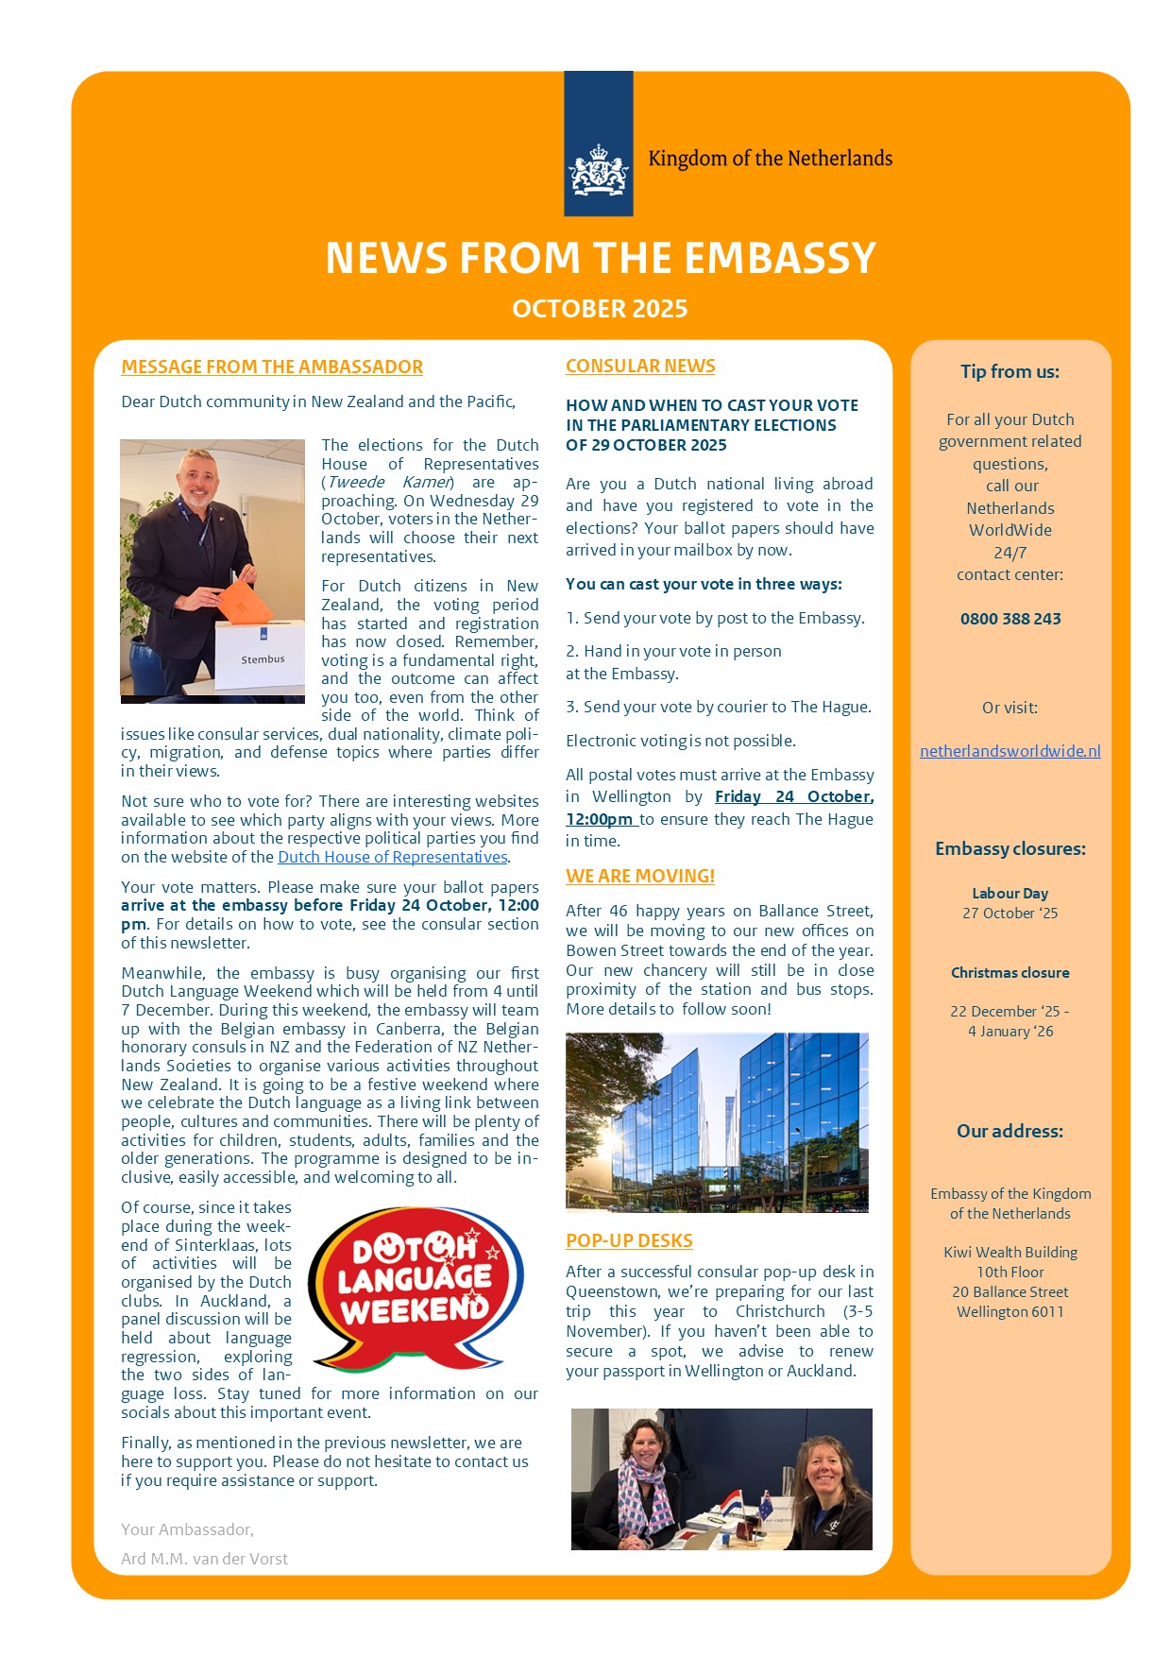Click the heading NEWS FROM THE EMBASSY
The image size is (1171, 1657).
pyautogui.click(x=601, y=258)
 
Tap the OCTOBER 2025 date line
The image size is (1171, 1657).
pyautogui.click(x=600, y=309)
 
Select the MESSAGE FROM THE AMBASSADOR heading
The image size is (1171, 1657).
pyautogui.click(x=272, y=367)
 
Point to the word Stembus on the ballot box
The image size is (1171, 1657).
pyautogui.click(x=263, y=659)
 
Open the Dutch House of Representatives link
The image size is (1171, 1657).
pyautogui.click(x=393, y=857)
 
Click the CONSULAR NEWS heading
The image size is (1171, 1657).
pyautogui.click(x=640, y=366)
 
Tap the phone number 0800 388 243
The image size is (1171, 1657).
pyautogui.click(x=1010, y=619)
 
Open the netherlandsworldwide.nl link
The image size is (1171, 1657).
pyautogui.click(x=1010, y=751)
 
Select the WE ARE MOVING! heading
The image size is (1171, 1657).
pyautogui.click(x=640, y=876)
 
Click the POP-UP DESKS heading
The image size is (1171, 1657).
pyautogui.click(x=629, y=1240)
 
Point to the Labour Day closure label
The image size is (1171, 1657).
pyautogui.click(x=1010, y=893)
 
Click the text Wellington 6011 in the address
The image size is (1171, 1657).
pyautogui.click(x=1010, y=1311)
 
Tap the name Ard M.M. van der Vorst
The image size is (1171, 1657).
pyautogui.click(x=205, y=1559)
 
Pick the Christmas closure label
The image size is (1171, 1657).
pyautogui.click(x=1010, y=972)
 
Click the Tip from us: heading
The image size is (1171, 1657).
pyautogui.click(x=1010, y=371)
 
